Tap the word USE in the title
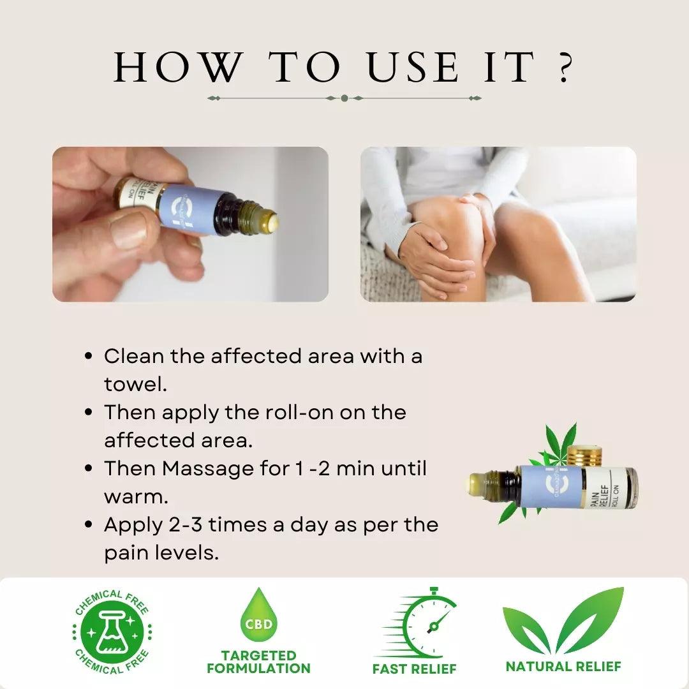coord(413,67)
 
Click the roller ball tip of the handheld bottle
coord(273,222)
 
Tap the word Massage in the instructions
coord(207,468)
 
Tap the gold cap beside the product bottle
coord(586,456)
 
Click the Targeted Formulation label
coord(258,662)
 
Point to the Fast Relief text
coord(415,669)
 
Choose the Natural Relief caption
coord(563,667)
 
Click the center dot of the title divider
coord(344,98)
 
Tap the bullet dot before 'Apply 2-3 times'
coord(89,525)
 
